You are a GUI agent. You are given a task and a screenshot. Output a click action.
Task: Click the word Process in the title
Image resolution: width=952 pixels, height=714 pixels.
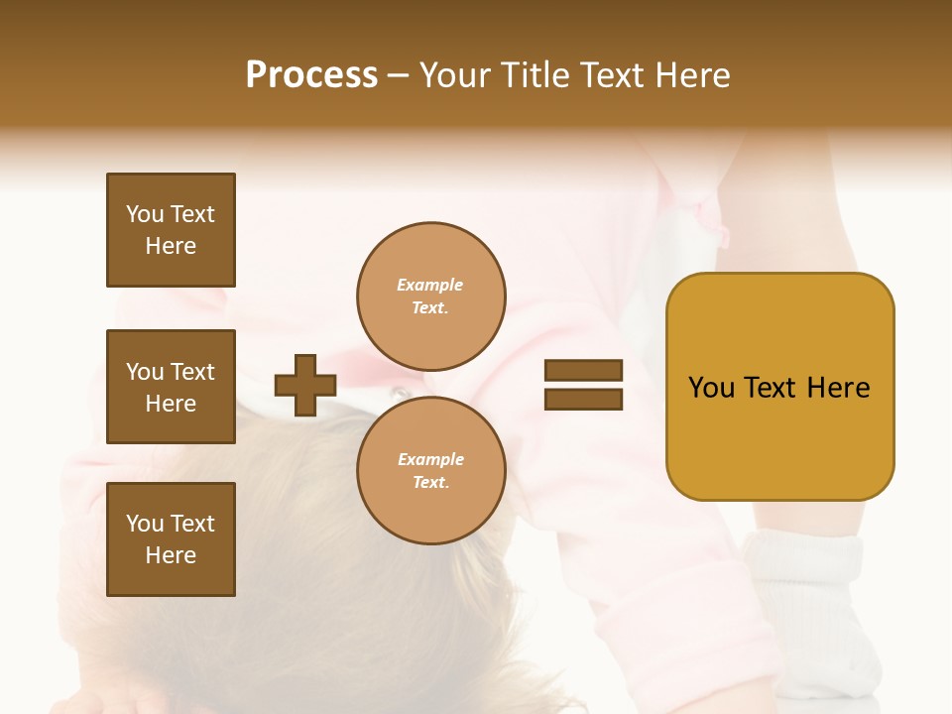coord(311,75)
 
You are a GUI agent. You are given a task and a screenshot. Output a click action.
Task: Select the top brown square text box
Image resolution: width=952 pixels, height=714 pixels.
coord(171,230)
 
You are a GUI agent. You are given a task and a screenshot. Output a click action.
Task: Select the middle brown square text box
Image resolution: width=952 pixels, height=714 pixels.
coord(171,387)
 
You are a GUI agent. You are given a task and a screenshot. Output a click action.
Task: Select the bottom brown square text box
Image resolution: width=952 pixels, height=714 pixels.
coord(171,539)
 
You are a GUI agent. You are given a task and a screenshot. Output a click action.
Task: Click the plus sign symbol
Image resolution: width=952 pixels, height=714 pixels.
coord(305,385)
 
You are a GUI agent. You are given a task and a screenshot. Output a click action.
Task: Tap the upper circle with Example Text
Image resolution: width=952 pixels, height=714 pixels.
coord(430,296)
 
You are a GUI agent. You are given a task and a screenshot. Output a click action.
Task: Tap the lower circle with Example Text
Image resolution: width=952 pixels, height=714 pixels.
coord(430,470)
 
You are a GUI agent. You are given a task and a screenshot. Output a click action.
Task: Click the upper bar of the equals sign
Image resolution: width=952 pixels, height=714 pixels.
coord(583,371)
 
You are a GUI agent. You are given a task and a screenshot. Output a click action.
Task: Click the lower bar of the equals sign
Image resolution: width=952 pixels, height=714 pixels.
coord(583,399)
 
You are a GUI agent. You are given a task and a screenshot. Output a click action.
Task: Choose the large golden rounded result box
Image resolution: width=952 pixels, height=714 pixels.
coord(779,387)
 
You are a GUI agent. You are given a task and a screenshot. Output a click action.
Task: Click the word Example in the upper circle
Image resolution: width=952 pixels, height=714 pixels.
coord(430,285)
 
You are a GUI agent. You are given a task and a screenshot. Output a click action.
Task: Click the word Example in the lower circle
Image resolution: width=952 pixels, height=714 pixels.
coord(430,459)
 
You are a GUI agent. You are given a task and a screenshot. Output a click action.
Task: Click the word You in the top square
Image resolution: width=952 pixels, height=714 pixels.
coord(145,214)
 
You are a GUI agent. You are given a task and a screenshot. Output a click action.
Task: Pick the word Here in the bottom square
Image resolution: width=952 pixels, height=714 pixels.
coord(171,555)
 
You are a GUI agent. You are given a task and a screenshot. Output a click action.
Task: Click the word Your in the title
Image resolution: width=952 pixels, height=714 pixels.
coord(457,75)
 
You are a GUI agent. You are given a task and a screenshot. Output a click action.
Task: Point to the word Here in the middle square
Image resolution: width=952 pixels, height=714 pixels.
coord(171,404)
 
